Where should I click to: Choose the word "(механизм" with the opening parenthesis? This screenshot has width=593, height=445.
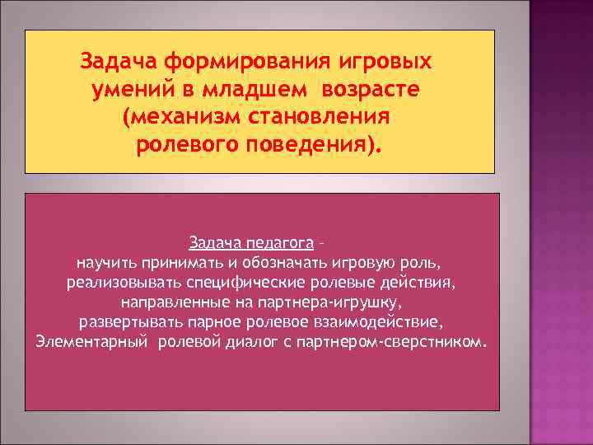(173, 118)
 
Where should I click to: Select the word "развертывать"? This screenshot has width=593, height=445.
(124, 321)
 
